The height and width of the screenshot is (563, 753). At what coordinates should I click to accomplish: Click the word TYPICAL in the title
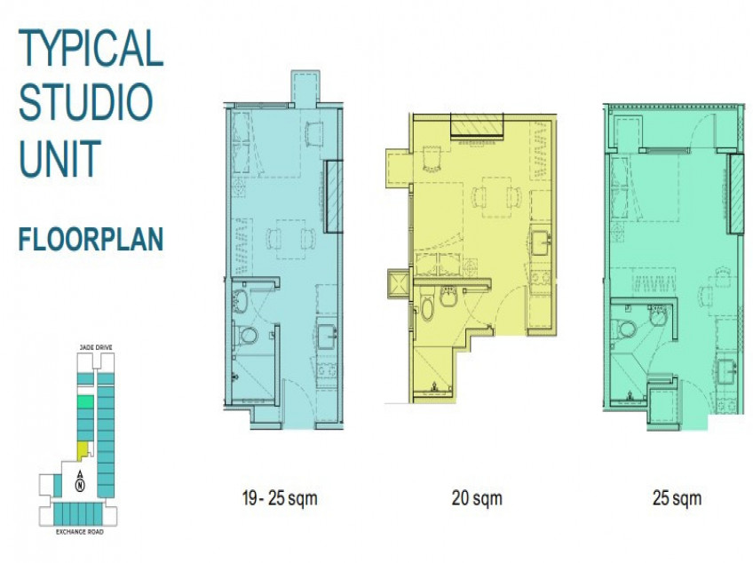point(91,48)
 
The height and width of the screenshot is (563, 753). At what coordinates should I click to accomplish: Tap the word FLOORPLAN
point(91,240)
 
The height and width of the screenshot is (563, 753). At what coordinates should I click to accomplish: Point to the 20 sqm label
point(476,498)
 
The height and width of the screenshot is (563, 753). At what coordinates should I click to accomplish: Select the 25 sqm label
point(676,498)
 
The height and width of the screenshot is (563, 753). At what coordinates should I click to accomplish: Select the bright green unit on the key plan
point(84,402)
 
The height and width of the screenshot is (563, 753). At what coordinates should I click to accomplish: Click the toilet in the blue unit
point(248,336)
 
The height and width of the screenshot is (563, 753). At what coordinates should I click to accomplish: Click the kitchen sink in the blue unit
point(326,335)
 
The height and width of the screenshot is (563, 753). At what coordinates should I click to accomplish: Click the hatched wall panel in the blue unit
point(334,197)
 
